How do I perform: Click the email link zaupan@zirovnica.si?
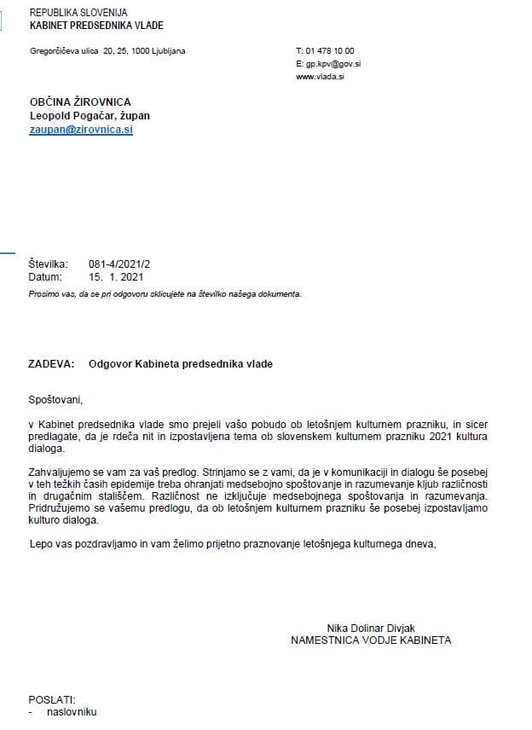81,130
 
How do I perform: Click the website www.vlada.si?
320,77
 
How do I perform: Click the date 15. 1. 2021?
116,277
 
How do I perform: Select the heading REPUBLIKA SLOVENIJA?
78,13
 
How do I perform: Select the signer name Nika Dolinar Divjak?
370,628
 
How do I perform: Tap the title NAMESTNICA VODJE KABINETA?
371,640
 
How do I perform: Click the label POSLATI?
53,698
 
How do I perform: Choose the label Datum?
45,277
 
